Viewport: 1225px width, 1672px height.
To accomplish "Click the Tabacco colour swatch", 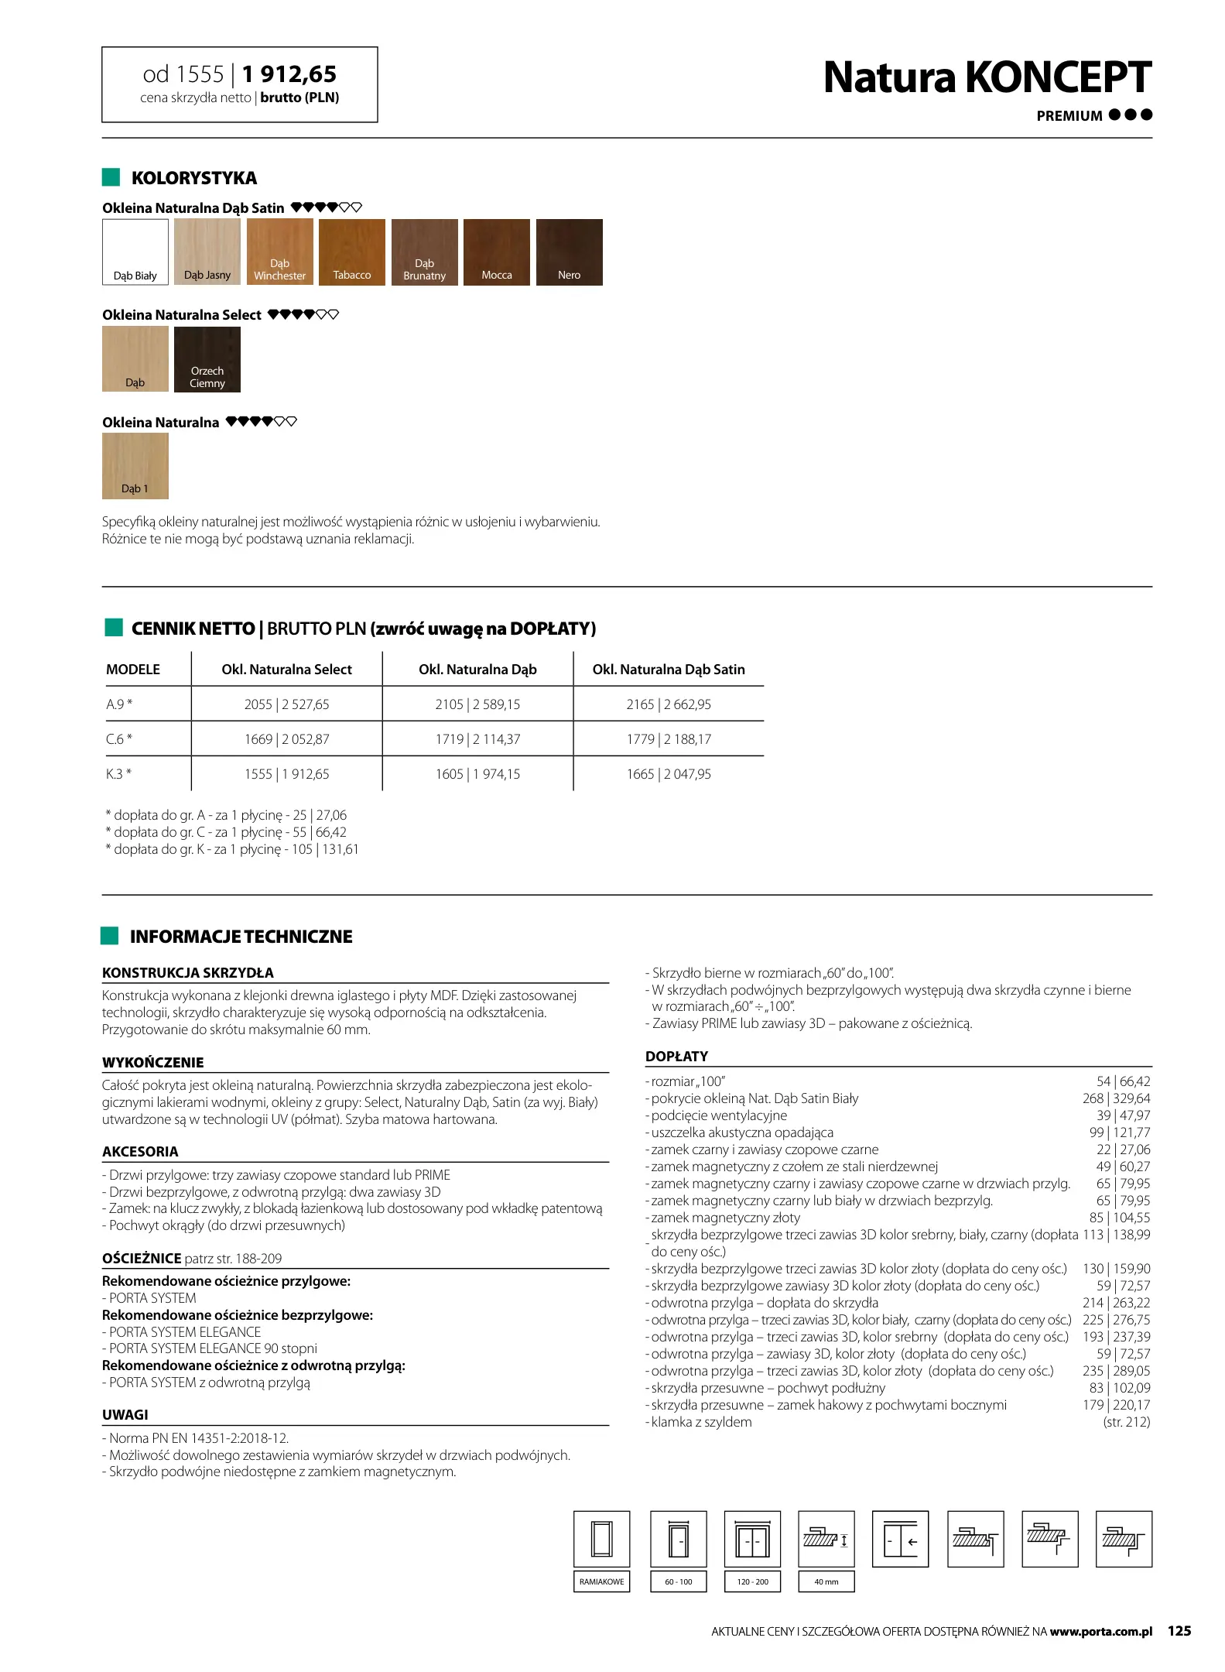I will pos(351,252).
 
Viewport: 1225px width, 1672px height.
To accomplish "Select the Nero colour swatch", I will pos(569,252).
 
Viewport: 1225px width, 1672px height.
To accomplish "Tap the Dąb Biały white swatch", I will pos(135,252).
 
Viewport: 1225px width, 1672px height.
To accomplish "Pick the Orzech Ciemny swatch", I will pos(207,359).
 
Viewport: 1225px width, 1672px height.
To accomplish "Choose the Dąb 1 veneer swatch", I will pos(135,465).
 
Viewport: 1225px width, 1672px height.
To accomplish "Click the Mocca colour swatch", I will pos(497,252).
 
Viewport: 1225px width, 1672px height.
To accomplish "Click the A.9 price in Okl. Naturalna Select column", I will pos(286,704).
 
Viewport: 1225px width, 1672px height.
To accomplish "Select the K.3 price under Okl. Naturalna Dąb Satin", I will pos(669,774).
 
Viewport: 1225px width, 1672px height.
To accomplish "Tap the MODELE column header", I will pos(133,670).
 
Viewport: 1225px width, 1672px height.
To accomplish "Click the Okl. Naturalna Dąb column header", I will pos(477,670).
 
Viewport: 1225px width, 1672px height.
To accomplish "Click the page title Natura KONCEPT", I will pos(987,77).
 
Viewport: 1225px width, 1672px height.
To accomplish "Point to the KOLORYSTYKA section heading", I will pos(194,178).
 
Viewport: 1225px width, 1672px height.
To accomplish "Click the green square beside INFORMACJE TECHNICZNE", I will pos(110,936).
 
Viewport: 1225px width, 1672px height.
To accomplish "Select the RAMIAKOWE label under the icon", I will pos(601,1581).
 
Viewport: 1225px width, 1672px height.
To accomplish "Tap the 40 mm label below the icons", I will pos(826,1581).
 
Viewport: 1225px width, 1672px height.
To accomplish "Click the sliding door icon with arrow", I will pos(900,1539).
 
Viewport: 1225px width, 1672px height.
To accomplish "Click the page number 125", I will pos(1179,1631).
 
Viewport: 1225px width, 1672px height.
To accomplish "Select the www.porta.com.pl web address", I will pos(1100,1632).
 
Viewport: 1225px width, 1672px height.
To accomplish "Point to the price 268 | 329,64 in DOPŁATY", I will pos(1116,1098).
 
